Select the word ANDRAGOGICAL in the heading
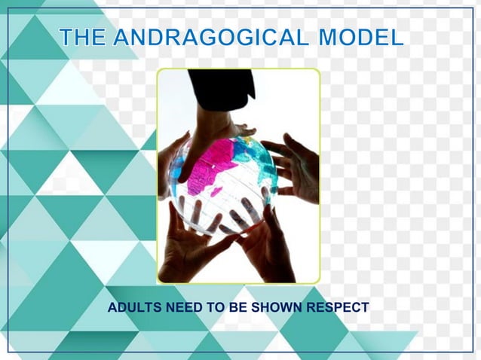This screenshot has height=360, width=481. tap(213, 37)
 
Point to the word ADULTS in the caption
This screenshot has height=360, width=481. tap(131, 308)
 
